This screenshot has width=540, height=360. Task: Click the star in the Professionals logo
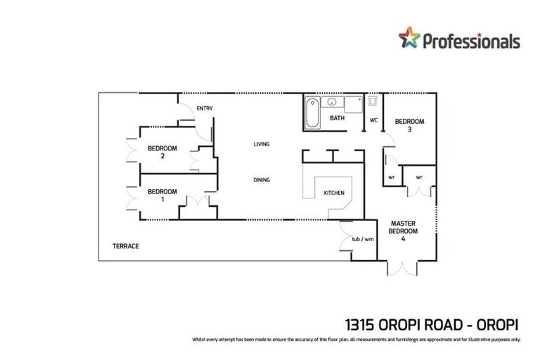pyautogui.click(x=409, y=37)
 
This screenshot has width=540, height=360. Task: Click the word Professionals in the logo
pyautogui.click(x=470, y=41)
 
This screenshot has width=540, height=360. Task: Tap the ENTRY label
pyautogui.click(x=205, y=108)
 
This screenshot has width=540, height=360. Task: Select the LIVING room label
pyautogui.click(x=262, y=144)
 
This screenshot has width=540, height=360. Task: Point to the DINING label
pyautogui.click(x=262, y=180)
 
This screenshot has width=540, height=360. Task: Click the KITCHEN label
pyautogui.click(x=333, y=193)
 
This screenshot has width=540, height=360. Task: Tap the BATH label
pyautogui.click(x=337, y=118)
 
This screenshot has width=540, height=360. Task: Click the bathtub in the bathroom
pyautogui.click(x=312, y=113)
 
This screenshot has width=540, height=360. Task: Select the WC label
pyautogui.click(x=374, y=120)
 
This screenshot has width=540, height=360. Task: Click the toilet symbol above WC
pyautogui.click(x=373, y=102)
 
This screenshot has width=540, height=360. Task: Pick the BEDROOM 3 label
pyautogui.click(x=409, y=124)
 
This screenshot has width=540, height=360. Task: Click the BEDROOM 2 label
pyautogui.click(x=162, y=152)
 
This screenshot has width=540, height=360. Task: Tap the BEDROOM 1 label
pyautogui.click(x=162, y=195)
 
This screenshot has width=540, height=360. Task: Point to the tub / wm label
pyautogui.click(x=363, y=239)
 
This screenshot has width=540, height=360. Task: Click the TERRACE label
pyautogui.click(x=126, y=246)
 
